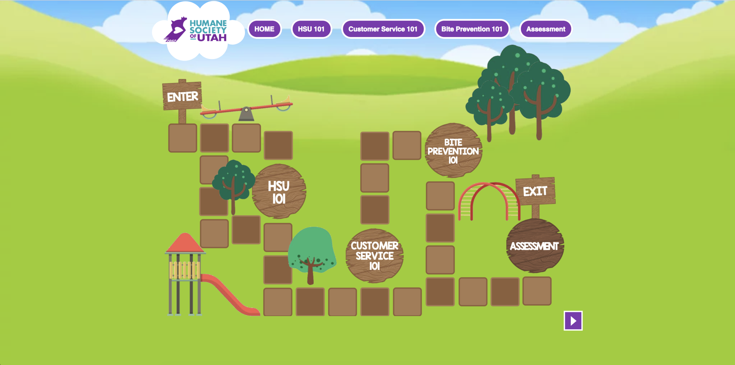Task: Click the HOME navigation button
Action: tap(264, 29)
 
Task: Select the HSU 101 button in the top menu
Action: tap(311, 29)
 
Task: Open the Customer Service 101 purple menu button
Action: tap(383, 29)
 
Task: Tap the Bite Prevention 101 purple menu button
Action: tap(472, 29)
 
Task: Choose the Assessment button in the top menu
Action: tap(546, 29)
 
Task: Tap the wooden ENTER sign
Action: tap(182, 96)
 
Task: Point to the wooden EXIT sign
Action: tap(535, 191)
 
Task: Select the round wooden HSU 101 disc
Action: tap(279, 191)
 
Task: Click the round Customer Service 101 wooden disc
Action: tap(374, 256)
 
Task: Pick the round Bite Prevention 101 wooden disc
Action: tap(453, 151)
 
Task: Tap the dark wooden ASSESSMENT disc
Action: tap(534, 246)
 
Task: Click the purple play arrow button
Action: tap(573, 321)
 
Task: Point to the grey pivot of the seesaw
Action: tap(246, 114)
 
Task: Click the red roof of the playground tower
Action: tap(185, 243)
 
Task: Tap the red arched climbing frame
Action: tap(489, 200)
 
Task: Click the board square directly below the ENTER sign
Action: tap(183, 138)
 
